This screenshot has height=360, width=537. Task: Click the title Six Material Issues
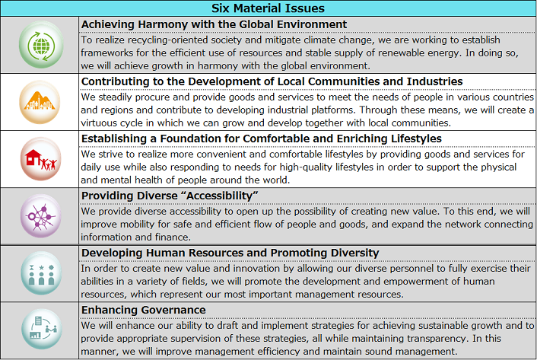(x=268, y=8)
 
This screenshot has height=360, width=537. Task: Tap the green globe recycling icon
(x=40, y=44)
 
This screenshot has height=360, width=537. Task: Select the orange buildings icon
(x=40, y=101)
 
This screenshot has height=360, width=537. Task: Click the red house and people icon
(x=40, y=158)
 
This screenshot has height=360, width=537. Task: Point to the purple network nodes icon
(x=40, y=215)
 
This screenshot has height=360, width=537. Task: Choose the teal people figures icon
(x=40, y=273)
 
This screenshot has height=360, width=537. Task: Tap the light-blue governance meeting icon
(x=40, y=330)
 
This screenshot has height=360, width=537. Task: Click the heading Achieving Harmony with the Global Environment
(x=214, y=24)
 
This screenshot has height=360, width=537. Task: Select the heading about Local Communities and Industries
(x=272, y=81)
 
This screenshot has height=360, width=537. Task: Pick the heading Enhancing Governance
(x=144, y=311)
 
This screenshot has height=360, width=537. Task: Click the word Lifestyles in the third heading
(x=405, y=139)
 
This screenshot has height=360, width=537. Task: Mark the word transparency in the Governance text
(x=411, y=339)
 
